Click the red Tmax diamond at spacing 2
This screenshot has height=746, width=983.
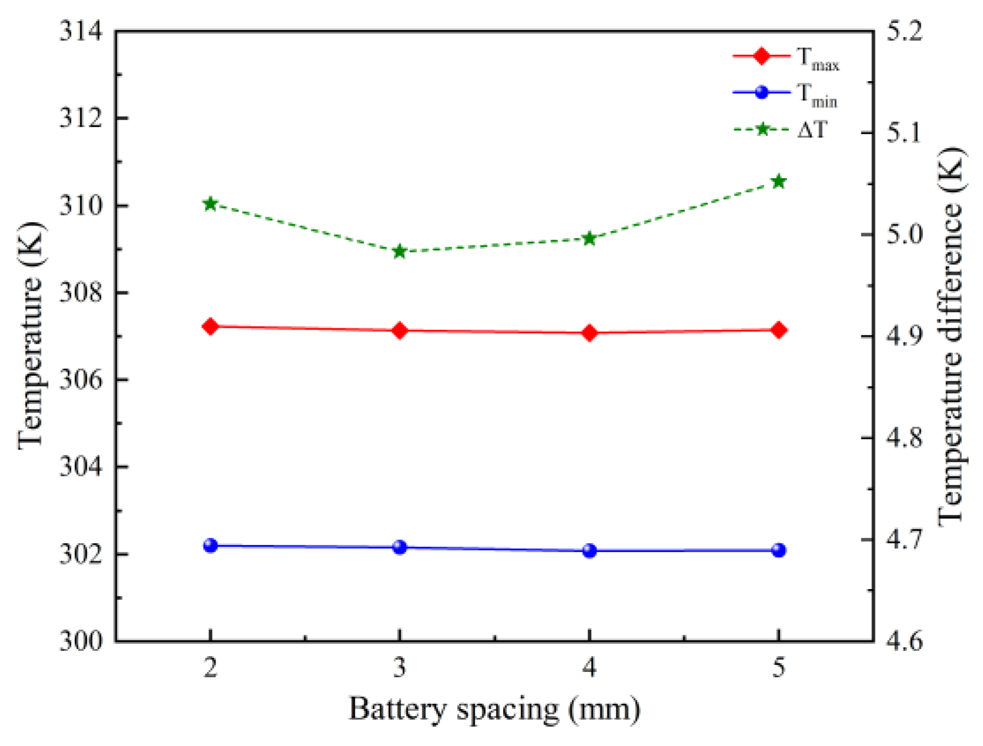point(210,326)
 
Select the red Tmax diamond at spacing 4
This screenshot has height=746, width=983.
point(589,333)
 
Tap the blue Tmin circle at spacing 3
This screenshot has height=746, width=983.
point(400,547)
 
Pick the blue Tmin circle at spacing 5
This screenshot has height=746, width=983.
point(779,550)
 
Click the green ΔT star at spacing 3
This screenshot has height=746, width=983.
point(400,251)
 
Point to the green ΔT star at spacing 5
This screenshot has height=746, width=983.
point(779,181)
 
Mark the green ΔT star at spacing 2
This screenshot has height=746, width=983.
point(210,204)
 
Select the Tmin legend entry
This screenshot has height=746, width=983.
point(787,93)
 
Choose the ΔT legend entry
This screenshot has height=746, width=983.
point(781,129)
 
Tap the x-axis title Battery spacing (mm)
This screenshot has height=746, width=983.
point(494,708)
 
